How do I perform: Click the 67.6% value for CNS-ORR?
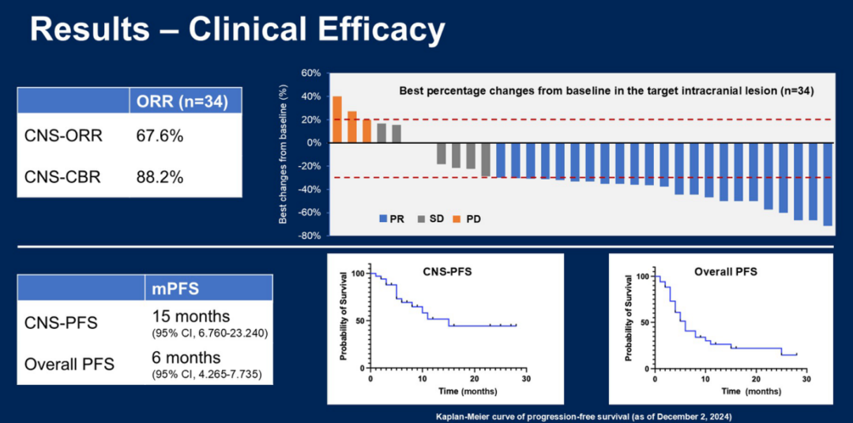click(160, 136)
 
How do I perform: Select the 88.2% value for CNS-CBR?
click(160, 177)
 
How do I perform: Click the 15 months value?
click(191, 317)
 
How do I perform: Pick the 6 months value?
click(186, 357)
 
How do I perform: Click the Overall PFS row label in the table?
click(70, 364)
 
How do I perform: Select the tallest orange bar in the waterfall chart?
click(337, 119)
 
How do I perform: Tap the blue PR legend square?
click(383, 219)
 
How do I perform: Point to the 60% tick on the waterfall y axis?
click(310, 74)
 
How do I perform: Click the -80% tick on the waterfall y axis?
click(308, 236)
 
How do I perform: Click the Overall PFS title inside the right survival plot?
click(725, 271)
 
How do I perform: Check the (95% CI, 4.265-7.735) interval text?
click(206, 372)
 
